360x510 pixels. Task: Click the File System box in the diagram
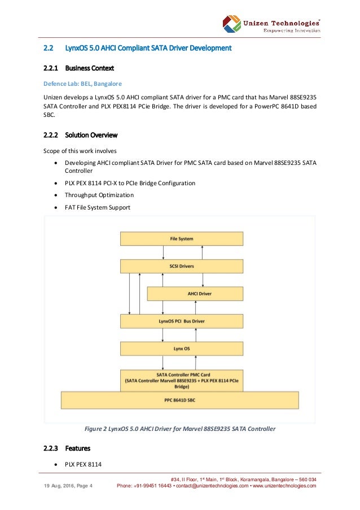[182, 239]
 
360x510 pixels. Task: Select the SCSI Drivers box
[182, 266]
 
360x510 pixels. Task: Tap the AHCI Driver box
[195, 294]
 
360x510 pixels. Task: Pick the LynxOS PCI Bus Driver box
[182, 321]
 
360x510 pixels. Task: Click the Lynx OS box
[182, 348]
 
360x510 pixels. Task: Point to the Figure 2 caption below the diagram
[180, 429]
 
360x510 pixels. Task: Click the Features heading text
[77, 448]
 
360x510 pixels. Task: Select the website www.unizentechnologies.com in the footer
[284, 486]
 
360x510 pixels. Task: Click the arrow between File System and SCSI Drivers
[182, 252]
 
